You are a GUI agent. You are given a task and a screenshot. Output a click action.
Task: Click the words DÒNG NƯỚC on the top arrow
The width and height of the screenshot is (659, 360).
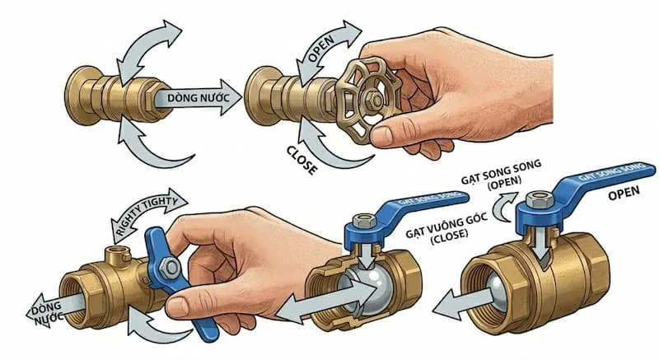click(x=199, y=98)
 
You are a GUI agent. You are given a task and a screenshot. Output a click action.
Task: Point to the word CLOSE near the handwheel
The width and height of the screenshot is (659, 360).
click(x=301, y=160)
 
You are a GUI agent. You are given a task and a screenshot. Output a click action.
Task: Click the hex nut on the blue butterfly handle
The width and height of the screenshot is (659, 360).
click(x=171, y=268)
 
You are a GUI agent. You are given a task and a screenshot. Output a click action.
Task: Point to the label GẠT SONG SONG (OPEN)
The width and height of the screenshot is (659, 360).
click(x=502, y=175)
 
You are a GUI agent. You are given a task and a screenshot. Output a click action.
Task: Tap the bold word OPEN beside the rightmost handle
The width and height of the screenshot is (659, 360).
click(x=624, y=194)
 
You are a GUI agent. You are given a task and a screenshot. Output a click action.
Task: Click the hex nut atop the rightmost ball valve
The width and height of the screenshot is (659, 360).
click(x=540, y=199)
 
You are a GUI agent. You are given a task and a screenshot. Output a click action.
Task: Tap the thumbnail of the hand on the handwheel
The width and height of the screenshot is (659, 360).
click(x=381, y=135)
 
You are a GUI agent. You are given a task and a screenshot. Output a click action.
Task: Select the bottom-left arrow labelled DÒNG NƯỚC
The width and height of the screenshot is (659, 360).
click(x=54, y=311)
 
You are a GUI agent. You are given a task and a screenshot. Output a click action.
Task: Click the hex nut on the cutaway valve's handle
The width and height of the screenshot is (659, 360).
click(x=364, y=221)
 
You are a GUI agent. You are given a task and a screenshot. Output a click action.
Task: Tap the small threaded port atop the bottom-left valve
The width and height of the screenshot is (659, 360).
click(x=118, y=255)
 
